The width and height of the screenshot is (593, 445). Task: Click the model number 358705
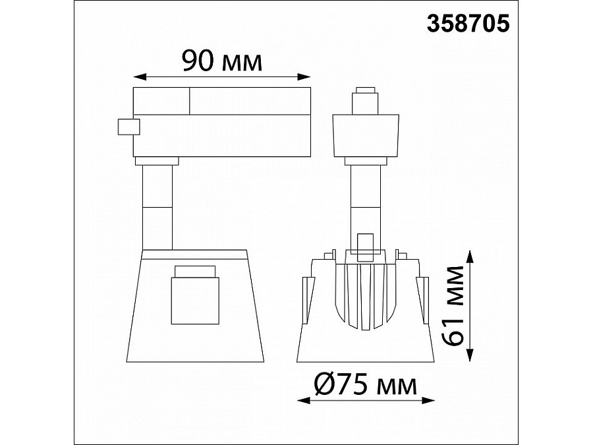[x=468, y=24]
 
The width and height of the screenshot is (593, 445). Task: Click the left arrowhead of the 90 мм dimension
[x=140, y=77]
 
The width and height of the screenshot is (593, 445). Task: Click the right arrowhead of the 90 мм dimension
[x=304, y=77]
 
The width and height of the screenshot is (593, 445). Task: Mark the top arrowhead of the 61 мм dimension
[x=469, y=256]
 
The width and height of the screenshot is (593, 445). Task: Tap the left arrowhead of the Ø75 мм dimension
[x=304, y=400]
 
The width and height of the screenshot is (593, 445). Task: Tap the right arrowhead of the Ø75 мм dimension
[x=428, y=400]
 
